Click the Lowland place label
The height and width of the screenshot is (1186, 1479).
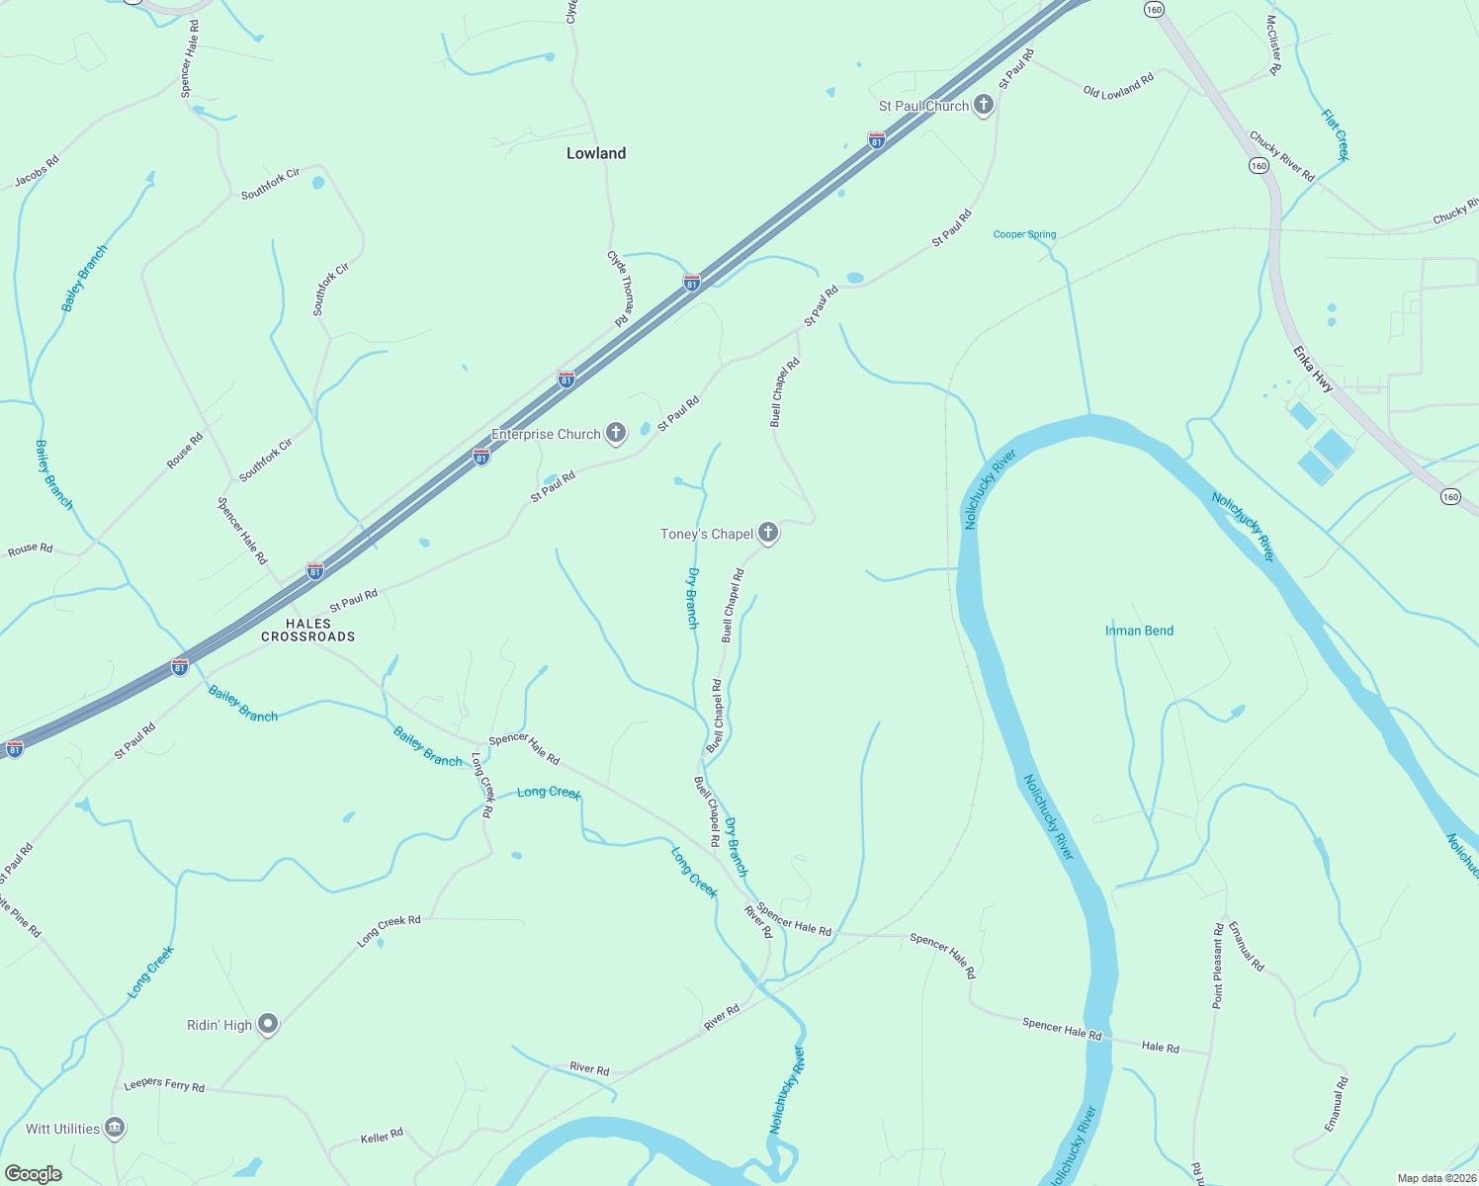click(x=596, y=153)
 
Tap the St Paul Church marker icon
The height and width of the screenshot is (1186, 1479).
click(x=983, y=105)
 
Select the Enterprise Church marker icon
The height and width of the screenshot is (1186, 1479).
click(x=615, y=433)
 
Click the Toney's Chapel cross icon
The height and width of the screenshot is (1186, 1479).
click(x=768, y=533)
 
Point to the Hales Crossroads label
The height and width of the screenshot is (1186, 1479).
click(x=308, y=630)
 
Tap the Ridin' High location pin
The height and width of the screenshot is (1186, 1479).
click(x=268, y=1024)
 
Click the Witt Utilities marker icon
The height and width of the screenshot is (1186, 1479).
click(x=115, y=1128)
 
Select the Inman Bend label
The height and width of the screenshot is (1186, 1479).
click(x=1139, y=631)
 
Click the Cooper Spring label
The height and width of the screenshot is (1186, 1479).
click(x=1024, y=234)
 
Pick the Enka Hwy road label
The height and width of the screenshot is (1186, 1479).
click(x=1313, y=370)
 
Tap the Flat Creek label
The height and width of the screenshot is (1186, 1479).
click(x=1335, y=134)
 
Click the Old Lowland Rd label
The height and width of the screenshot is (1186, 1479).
click(x=1118, y=86)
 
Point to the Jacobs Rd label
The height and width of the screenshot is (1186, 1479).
click(x=37, y=171)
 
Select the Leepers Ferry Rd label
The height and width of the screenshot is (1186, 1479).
click(x=164, y=1085)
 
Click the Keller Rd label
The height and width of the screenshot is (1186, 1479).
click(x=382, y=1137)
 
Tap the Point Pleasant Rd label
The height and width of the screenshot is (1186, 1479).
click(x=1218, y=966)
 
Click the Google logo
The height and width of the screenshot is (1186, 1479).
click(x=33, y=1173)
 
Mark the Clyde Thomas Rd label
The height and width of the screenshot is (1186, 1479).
click(x=620, y=288)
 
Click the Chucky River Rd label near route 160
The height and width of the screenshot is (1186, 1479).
click(x=1281, y=156)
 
